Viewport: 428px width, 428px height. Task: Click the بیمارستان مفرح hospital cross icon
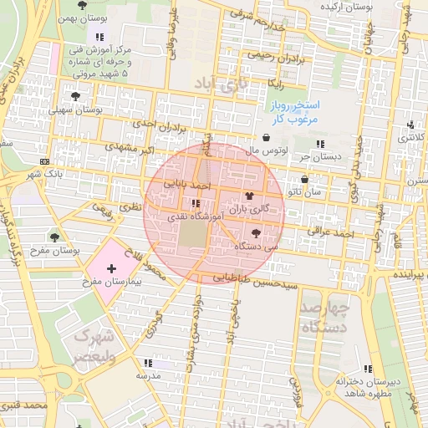click(x=112, y=267)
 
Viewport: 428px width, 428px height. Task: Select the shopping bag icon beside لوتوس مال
click(x=266, y=139)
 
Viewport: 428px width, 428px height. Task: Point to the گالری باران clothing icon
click(x=248, y=194)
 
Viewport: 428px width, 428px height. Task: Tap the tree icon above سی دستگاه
click(x=255, y=234)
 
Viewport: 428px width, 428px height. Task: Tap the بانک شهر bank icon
click(x=43, y=161)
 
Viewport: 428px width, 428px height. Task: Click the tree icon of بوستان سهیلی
click(x=76, y=97)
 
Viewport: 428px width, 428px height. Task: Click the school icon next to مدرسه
click(x=148, y=363)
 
